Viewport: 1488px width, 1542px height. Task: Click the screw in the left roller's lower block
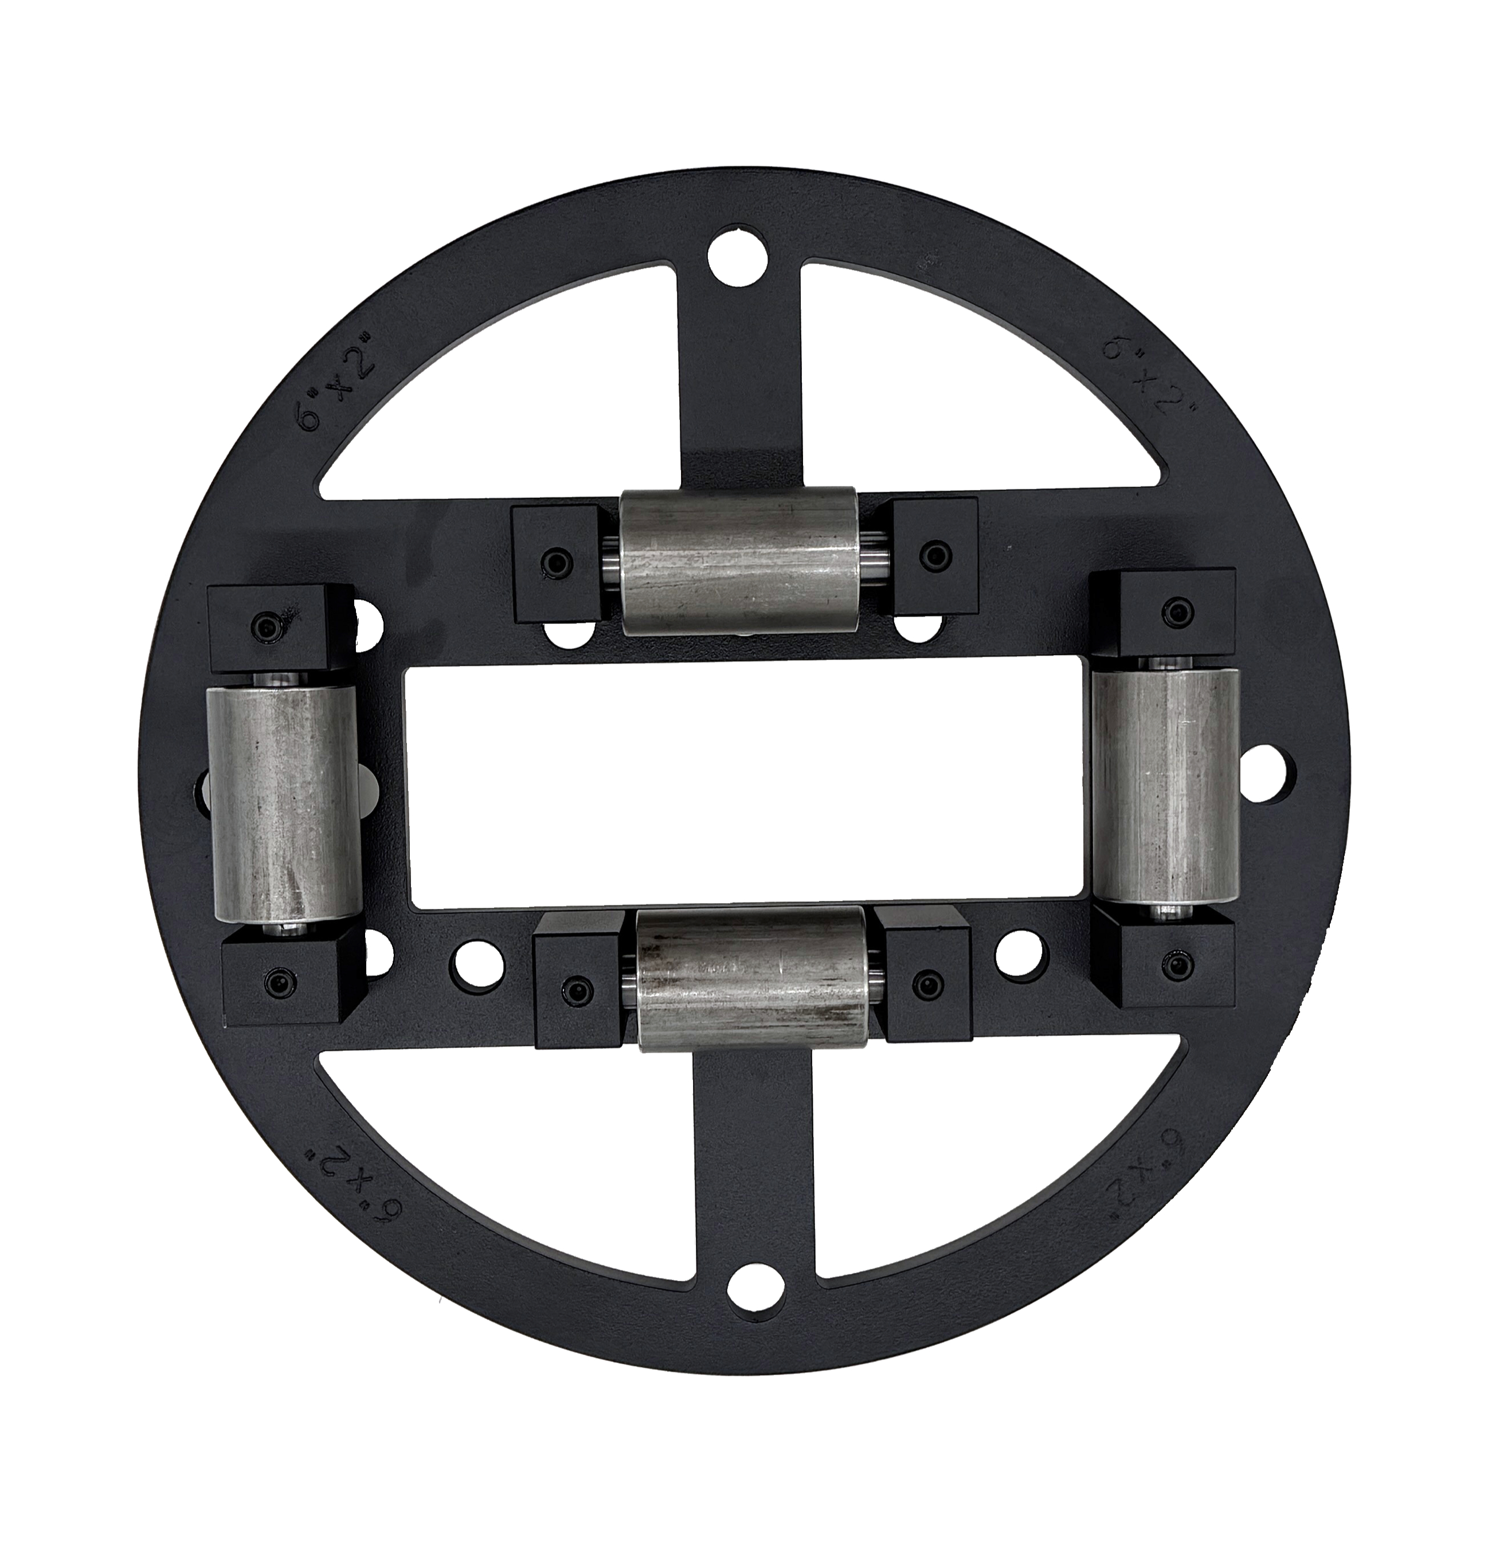click(277, 981)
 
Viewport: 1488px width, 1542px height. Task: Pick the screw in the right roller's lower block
click(1176, 964)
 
